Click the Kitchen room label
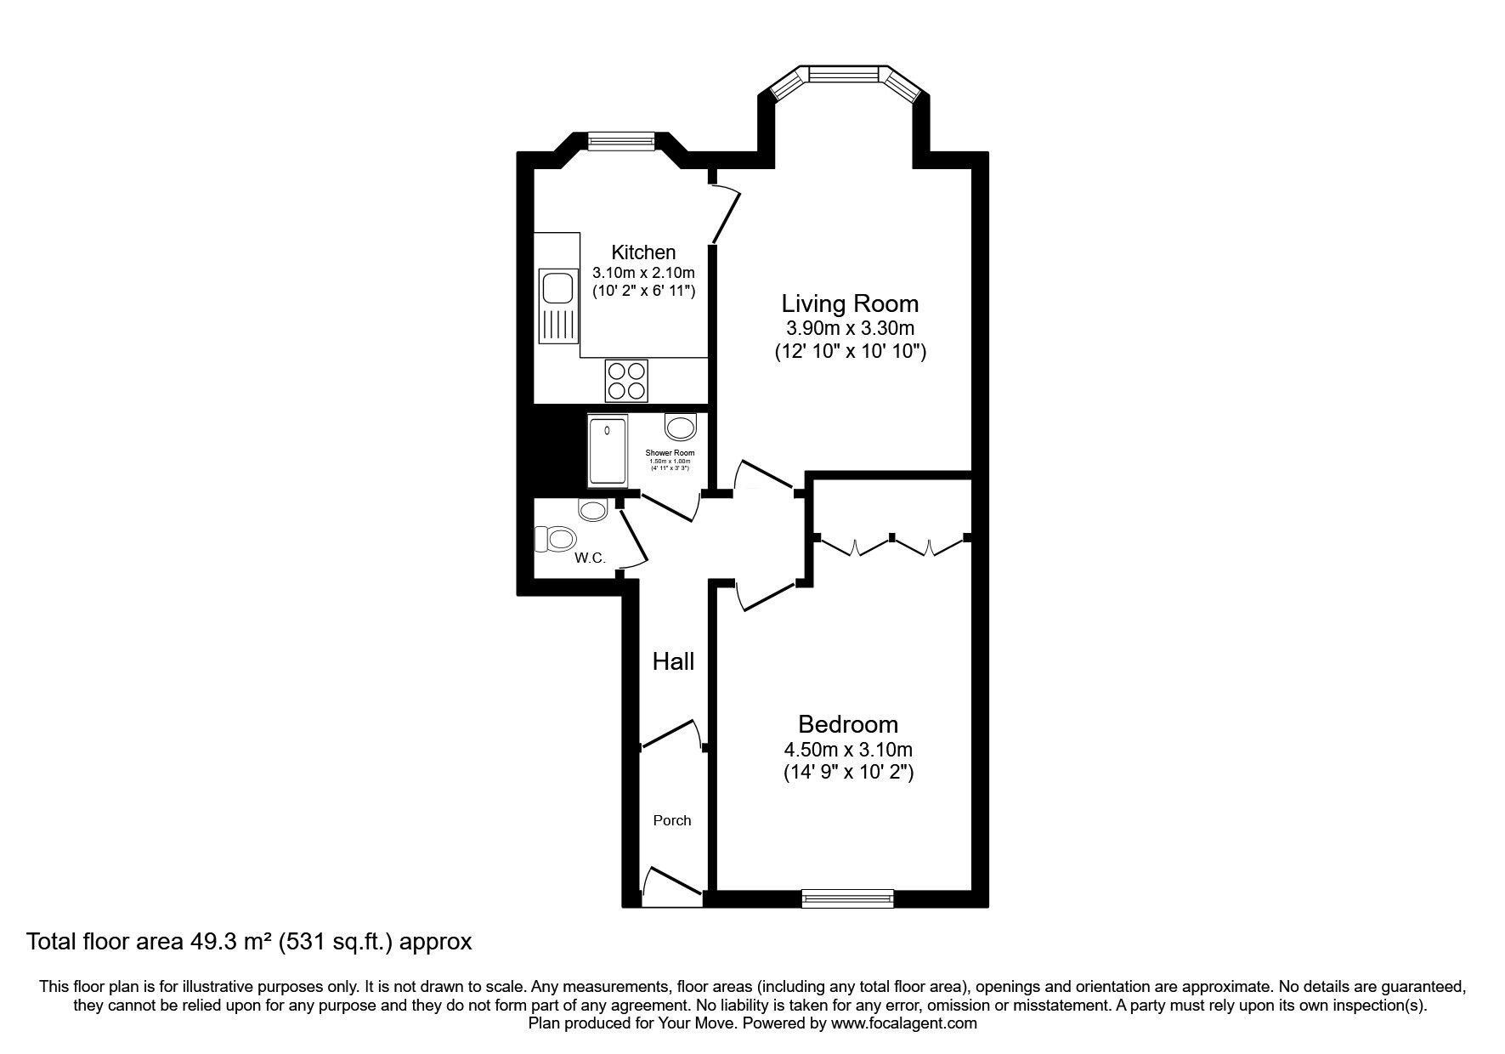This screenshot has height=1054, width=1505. tap(643, 252)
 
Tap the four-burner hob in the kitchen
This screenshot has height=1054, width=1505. tap(626, 380)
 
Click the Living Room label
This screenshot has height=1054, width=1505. tap(850, 303)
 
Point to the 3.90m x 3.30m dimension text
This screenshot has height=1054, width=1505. tap(850, 328)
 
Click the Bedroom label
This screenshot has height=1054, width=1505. tap(847, 724)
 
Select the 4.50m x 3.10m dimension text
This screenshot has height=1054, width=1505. tap(847, 750)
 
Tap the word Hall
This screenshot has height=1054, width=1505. tap(673, 661)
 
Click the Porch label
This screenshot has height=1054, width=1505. tap(671, 820)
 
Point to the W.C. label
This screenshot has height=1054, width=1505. tap(590, 558)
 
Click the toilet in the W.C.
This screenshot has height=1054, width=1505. tap(556, 538)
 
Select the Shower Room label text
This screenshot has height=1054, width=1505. tap(670, 453)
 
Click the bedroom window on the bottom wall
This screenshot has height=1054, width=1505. tap(847, 897)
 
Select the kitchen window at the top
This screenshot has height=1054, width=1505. tap(621, 140)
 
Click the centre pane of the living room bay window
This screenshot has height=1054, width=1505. tap(846, 74)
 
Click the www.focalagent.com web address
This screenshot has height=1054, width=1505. tap(904, 1023)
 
